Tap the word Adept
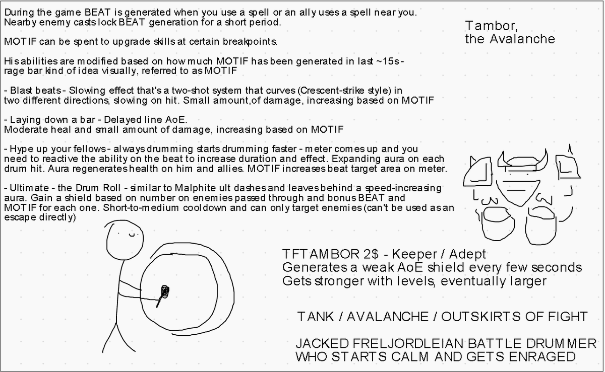click(467, 254)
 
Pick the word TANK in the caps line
click(315, 317)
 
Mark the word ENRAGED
click(542, 356)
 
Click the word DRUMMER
click(561, 343)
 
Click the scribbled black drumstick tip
click(165, 291)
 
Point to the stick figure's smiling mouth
click(132, 235)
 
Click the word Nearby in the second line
click(20, 22)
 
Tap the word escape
click(20, 217)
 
